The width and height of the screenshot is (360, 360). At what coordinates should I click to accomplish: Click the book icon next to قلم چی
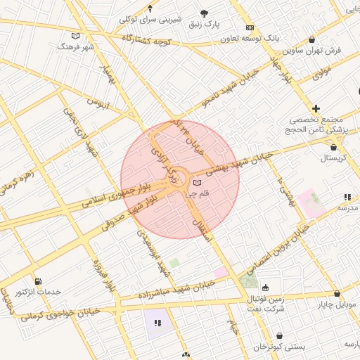pyautogui.click(x=196, y=183)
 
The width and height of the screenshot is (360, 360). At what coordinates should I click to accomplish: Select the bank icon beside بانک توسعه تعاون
pyautogui.click(x=250, y=27)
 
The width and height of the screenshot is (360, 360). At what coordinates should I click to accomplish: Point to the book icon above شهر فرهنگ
pyautogui.click(x=76, y=35)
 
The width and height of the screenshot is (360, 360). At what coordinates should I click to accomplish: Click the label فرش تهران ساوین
pyautogui.click(x=312, y=51)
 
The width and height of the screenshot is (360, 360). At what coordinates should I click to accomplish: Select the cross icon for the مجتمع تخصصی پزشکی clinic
pyautogui.click(x=316, y=108)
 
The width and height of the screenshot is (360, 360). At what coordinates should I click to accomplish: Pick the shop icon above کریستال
pyautogui.click(x=333, y=148)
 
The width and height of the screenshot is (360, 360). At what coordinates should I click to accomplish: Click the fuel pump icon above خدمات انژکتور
pyautogui.click(x=37, y=281)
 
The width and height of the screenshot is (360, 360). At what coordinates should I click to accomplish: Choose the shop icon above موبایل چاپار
pyautogui.click(x=337, y=294)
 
